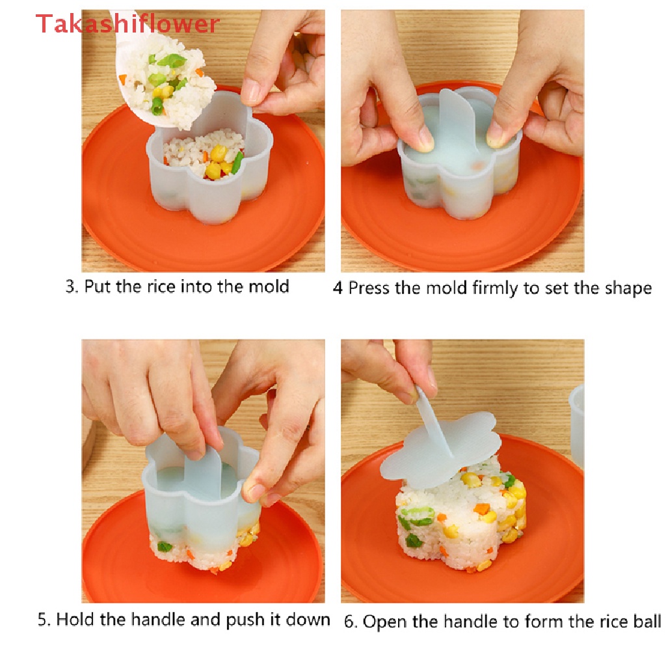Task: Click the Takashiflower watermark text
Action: [x=127, y=24]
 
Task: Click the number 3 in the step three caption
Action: [x=71, y=287]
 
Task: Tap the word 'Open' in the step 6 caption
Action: [x=384, y=621]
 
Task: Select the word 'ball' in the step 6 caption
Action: [x=646, y=621]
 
